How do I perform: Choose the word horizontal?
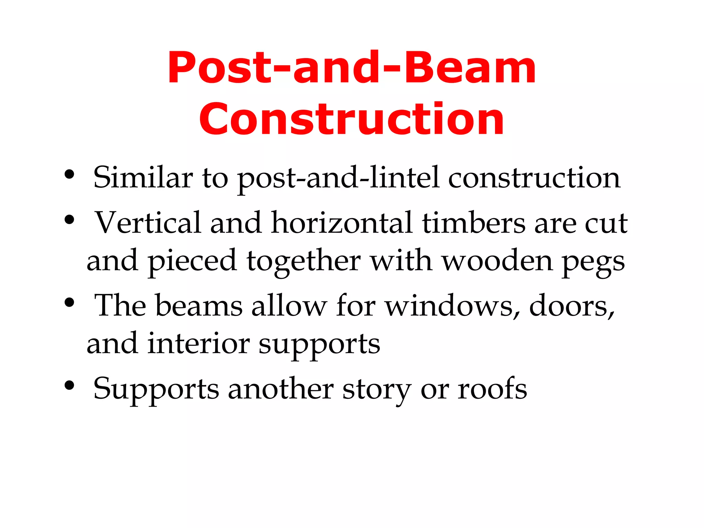click(342, 223)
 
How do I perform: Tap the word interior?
click(199, 343)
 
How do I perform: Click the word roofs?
click(492, 389)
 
